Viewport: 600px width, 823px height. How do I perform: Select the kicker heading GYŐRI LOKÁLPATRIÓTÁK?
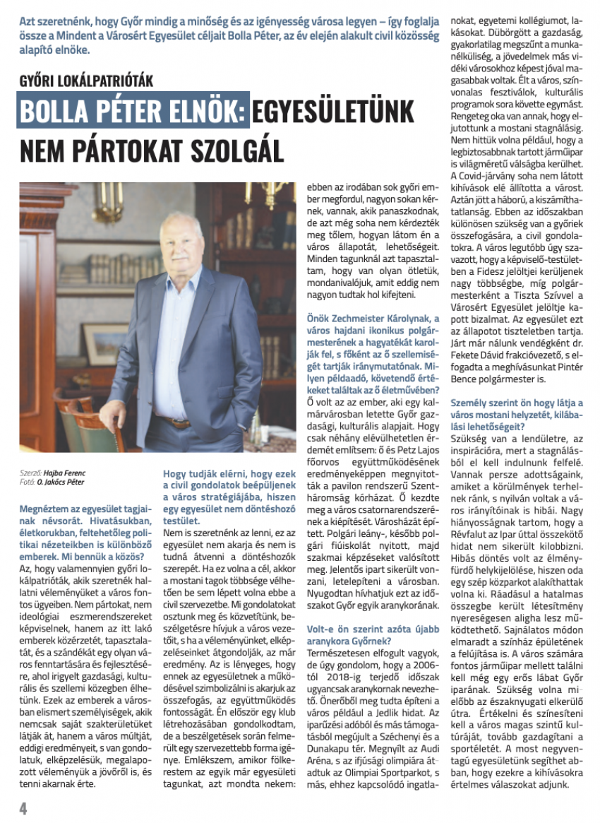pos(86,82)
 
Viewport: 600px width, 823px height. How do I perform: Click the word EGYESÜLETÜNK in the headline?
pos(345,112)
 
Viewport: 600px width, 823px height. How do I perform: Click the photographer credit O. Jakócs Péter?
pos(65,481)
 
